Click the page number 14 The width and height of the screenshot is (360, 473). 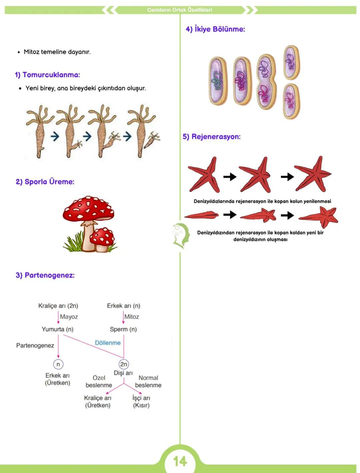[180, 461]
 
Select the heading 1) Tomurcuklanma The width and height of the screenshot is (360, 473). [47, 75]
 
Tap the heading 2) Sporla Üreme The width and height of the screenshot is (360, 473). [45, 182]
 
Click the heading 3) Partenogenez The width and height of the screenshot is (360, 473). [45, 275]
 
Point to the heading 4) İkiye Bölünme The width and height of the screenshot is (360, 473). [215, 29]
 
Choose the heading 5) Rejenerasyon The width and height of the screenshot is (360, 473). [211, 137]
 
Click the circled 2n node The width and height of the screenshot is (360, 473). [124, 364]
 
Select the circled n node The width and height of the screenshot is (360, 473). [58, 364]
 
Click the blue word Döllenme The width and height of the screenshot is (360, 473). [108, 343]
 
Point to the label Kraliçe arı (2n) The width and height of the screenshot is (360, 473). [58, 306]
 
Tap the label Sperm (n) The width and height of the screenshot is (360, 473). [123, 329]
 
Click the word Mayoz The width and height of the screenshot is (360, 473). [69, 317]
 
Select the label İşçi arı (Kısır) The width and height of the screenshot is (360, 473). [141, 401]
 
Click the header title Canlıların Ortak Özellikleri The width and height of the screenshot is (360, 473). [180, 10]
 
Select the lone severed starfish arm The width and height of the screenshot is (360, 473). [201, 215]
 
